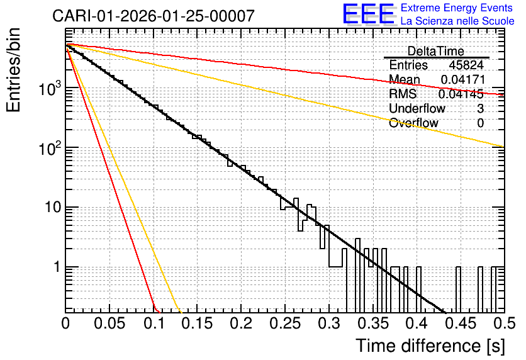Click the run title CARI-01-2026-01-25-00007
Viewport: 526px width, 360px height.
[x=154, y=16]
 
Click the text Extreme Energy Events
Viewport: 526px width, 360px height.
[x=457, y=8]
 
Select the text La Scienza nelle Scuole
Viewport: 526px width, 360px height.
[x=457, y=21]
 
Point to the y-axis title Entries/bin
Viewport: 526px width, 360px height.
[x=13, y=70]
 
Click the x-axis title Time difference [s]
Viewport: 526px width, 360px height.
[x=430, y=346]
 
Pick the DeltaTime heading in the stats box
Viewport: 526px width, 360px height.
[x=436, y=51]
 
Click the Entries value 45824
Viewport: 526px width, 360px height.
[x=466, y=65]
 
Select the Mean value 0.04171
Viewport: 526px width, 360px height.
[x=463, y=79]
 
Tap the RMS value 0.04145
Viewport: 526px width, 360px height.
[x=461, y=94]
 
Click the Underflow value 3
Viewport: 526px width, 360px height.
[x=480, y=108]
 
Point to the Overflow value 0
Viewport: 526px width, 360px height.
[x=480, y=123]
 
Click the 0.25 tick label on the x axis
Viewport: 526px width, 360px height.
[x=285, y=323]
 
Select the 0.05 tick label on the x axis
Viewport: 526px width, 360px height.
[x=109, y=323]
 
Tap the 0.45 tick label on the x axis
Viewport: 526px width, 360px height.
[x=461, y=323]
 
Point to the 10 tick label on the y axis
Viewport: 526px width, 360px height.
[x=53, y=207]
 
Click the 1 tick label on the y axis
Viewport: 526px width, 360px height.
[x=57, y=267]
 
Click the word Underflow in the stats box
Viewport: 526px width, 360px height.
[x=417, y=108]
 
